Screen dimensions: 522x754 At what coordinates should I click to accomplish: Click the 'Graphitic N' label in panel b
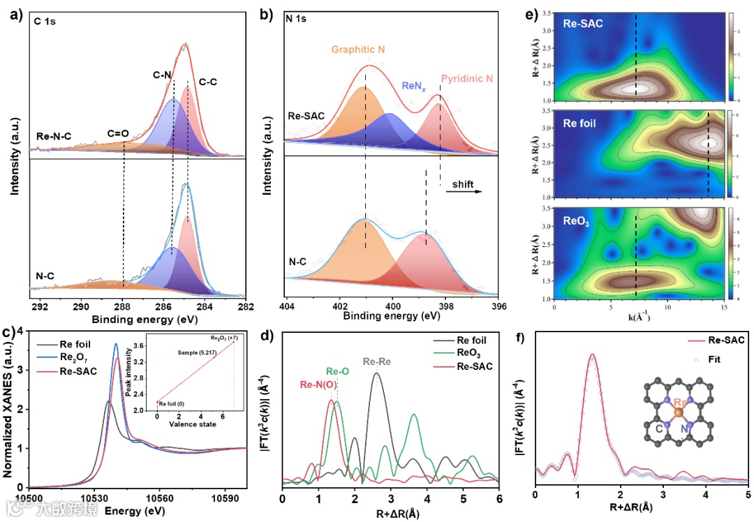357,50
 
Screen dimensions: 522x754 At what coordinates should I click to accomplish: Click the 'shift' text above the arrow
462,185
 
